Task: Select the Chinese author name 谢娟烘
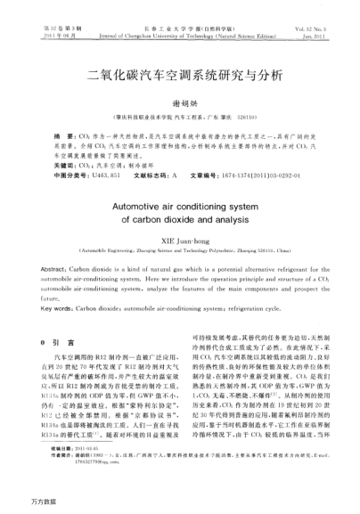click(180, 103)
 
